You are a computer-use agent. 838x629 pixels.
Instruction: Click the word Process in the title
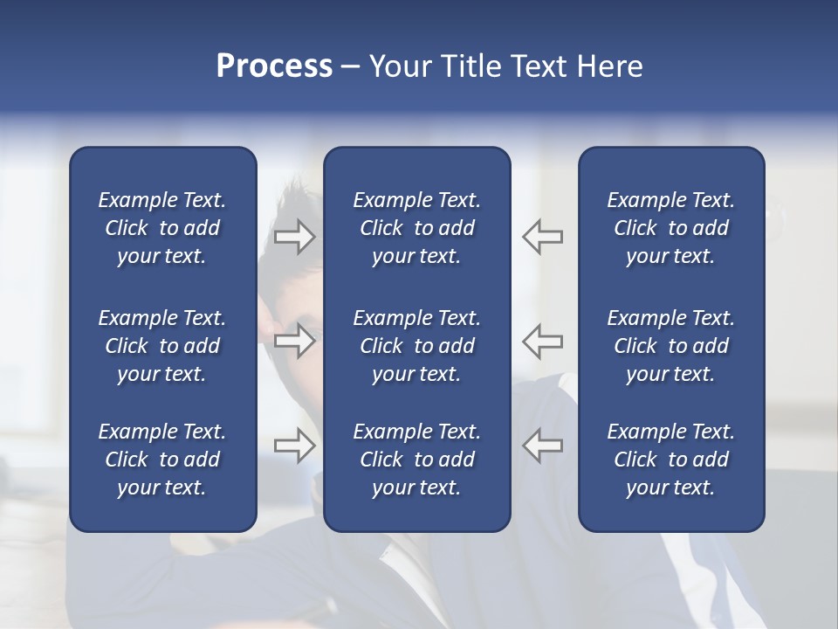coord(274,66)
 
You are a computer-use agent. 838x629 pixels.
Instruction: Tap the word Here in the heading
coord(610,66)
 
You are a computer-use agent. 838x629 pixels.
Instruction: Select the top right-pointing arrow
coord(294,237)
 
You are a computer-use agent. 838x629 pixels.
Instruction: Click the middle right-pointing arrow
coord(294,340)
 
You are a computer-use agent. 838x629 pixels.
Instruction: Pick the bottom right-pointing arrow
coord(294,446)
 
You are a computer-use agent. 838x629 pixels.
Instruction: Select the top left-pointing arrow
coord(543,237)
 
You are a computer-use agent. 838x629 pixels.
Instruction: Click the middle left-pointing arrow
coord(543,340)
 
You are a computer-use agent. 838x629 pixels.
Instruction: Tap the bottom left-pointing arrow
coord(543,446)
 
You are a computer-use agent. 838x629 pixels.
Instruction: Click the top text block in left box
coord(162,228)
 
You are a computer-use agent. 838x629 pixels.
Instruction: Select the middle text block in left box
coord(162,346)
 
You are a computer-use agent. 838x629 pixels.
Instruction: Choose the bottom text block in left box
coord(162,460)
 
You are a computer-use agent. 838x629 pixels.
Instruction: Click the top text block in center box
coord(417,228)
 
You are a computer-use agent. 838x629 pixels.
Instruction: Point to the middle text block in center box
coord(417,346)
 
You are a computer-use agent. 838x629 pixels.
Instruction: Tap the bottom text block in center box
coord(417,460)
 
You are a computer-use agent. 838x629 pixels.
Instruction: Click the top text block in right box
coord(671,228)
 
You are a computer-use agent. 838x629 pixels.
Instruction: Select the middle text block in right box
coord(671,346)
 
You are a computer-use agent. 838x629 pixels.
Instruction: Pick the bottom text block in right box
coord(671,460)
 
